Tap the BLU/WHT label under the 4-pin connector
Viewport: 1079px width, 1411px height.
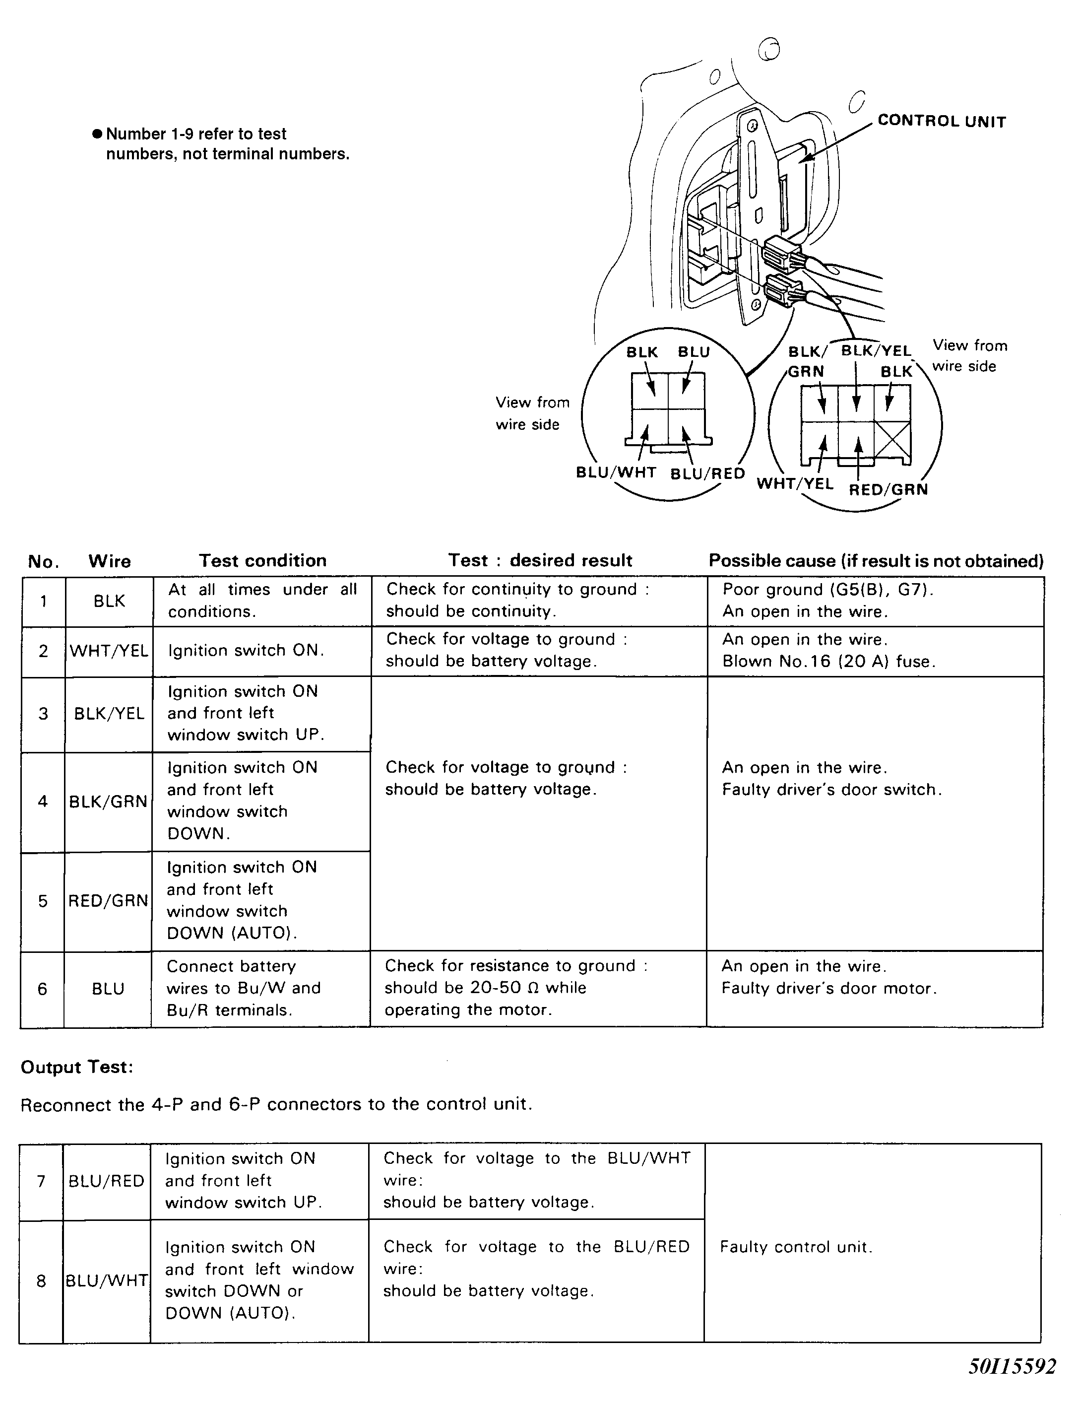click(615, 472)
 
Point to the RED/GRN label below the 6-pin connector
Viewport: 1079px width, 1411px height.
click(888, 490)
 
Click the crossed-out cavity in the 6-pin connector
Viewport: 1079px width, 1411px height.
click(892, 440)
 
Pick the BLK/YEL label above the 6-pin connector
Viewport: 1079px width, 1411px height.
click(876, 351)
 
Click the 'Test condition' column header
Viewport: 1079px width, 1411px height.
click(263, 560)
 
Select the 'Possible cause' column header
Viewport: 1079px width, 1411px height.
click(876, 561)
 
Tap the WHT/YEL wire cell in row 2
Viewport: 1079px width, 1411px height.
click(109, 651)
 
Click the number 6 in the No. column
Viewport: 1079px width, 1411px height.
click(42, 989)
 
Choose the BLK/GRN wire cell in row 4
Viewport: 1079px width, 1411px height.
click(109, 801)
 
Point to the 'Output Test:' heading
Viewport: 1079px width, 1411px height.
click(77, 1067)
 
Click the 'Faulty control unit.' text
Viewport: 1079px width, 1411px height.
click(796, 1247)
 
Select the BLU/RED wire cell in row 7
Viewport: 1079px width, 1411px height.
click(107, 1181)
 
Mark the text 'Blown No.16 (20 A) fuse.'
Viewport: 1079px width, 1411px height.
click(828, 661)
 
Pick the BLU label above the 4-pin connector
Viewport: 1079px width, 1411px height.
click(694, 352)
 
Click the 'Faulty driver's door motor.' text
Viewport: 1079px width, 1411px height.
click(828, 988)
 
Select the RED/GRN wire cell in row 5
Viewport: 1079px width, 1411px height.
click(108, 901)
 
